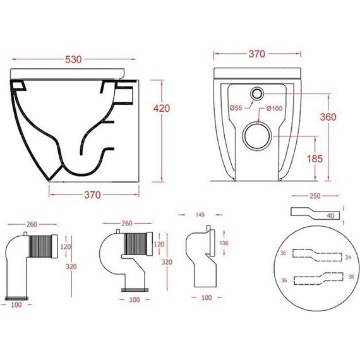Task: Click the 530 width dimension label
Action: pyautogui.click(x=73, y=59)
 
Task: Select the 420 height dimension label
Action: pyautogui.click(x=162, y=109)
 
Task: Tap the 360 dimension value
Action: pyautogui.click(x=328, y=117)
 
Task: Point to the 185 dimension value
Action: pyautogui.click(x=315, y=159)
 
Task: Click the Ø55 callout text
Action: pyautogui.click(x=236, y=107)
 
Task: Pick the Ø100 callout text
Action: pyautogui.click(x=274, y=109)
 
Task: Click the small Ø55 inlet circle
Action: pyautogui.click(x=256, y=93)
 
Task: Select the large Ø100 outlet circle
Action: pyautogui.click(x=257, y=136)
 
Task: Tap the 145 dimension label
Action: pyautogui.click(x=200, y=215)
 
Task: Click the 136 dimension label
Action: pyautogui.click(x=224, y=243)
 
